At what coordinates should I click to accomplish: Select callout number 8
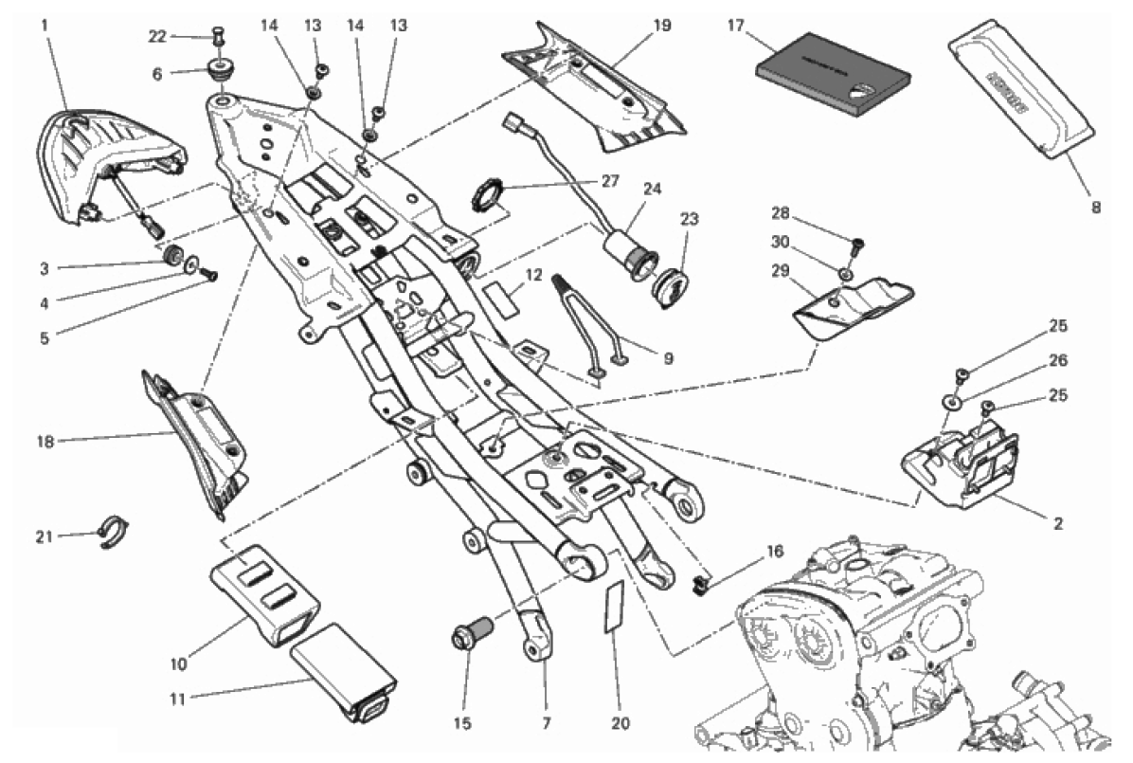click(x=1095, y=207)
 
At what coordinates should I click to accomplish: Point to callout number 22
click(x=157, y=36)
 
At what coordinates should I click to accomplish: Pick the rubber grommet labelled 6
click(x=221, y=72)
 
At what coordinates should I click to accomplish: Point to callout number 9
click(x=668, y=358)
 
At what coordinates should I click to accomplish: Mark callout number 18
click(x=44, y=441)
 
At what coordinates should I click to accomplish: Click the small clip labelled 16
click(x=701, y=582)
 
